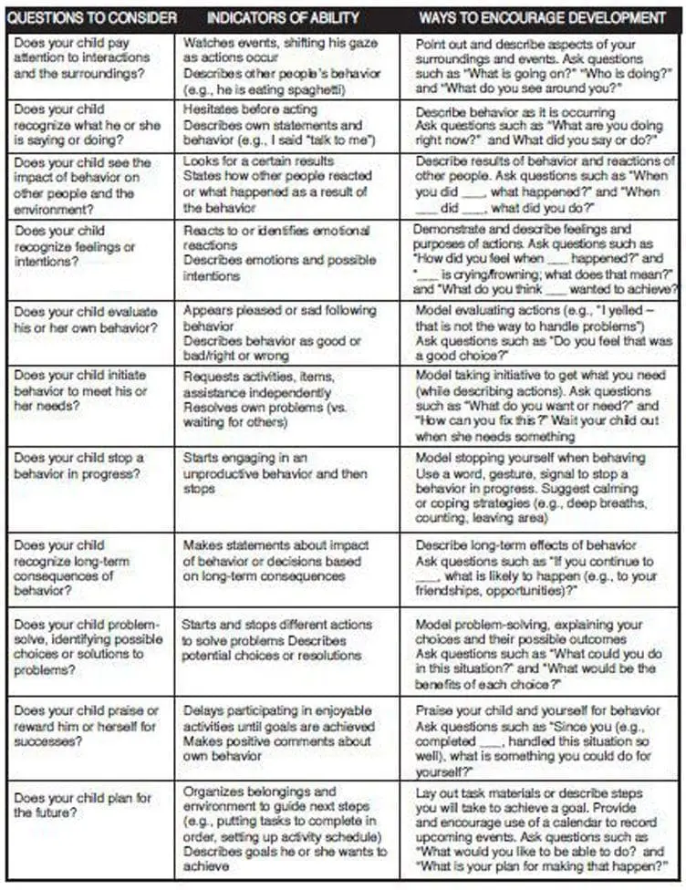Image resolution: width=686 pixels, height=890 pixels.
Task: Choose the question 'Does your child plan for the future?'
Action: click(x=82, y=805)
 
